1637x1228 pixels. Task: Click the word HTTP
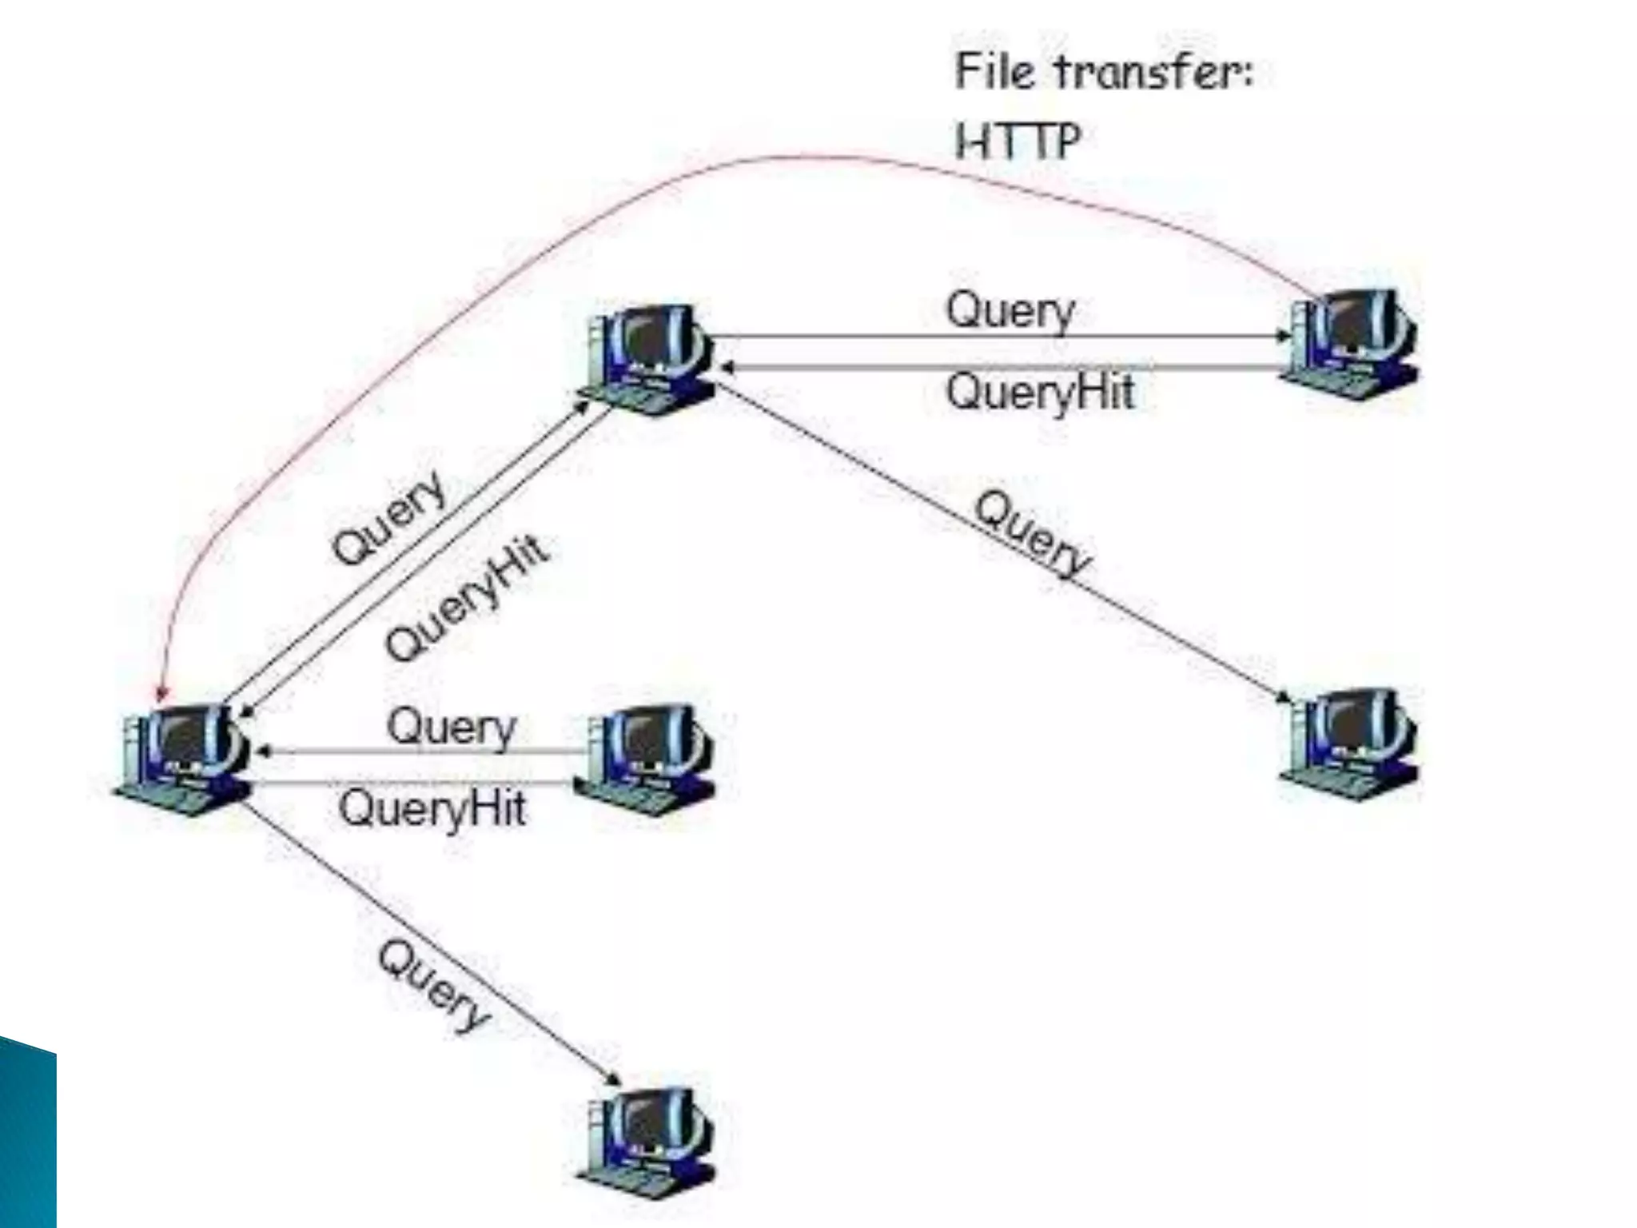point(1018,142)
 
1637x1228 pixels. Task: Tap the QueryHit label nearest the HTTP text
point(1039,392)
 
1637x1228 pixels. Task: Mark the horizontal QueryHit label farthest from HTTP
point(432,807)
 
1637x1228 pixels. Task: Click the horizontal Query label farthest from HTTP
point(451,728)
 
